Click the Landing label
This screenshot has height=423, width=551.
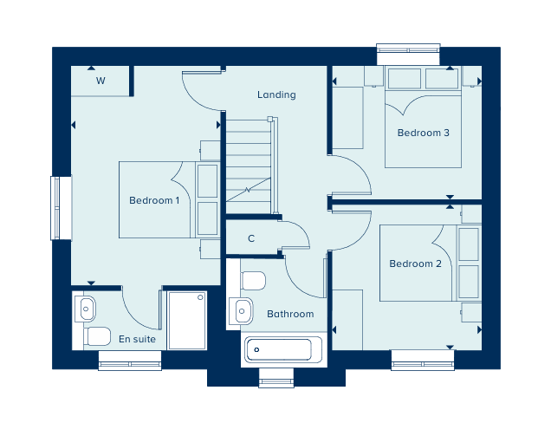[x=276, y=95]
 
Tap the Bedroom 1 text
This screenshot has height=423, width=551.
[x=154, y=200]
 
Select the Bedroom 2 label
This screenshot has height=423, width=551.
[x=415, y=264]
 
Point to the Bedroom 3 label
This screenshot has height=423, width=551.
[x=423, y=133]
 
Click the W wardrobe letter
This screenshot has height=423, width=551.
[x=100, y=81]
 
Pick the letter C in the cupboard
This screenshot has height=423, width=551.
[x=251, y=238]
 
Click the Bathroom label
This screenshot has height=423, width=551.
[x=290, y=314]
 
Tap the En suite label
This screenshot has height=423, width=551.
[x=137, y=339]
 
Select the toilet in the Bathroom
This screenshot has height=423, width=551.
[x=253, y=280]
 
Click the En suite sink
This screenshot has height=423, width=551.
[x=85, y=309]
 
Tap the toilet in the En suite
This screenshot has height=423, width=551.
[x=97, y=336]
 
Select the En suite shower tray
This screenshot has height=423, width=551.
[x=186, y=320]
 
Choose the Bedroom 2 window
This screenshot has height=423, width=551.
[x=423, y=360]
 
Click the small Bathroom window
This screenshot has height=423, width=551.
[x=276, y=378]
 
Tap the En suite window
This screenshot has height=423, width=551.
[x=130, y=361]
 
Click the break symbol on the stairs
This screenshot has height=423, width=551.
[x=248, y=190]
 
